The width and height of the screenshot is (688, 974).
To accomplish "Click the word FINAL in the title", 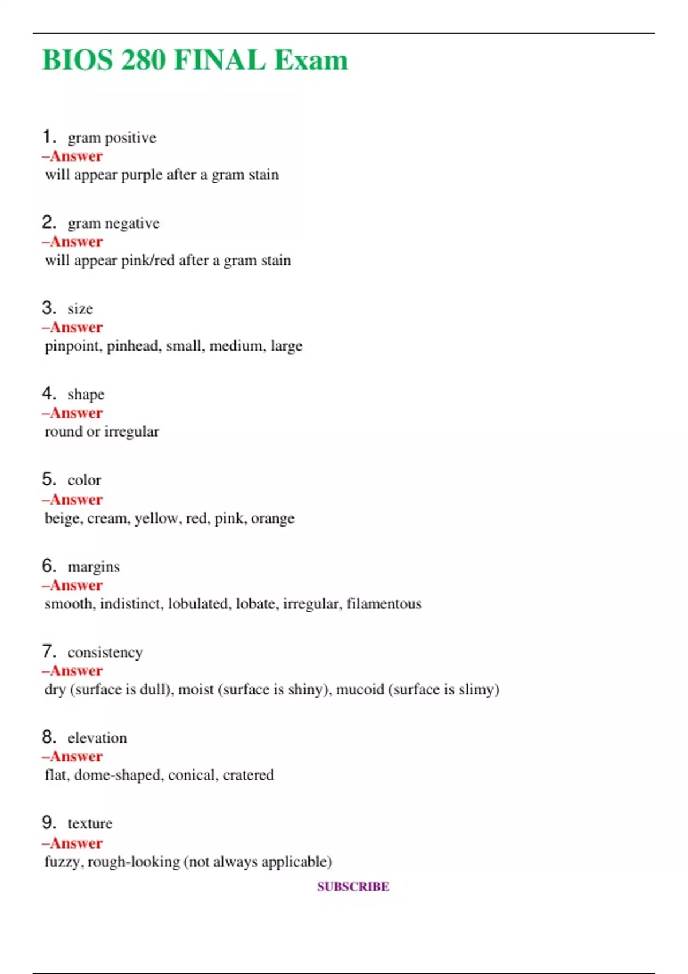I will [220, 60].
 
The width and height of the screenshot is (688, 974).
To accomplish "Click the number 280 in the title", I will [143, 60].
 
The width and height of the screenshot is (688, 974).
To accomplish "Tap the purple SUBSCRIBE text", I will [353, 887].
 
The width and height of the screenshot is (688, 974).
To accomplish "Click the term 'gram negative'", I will [114, 223].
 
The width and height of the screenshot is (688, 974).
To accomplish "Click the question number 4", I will [49, 394].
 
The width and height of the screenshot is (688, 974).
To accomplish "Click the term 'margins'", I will [93, 567].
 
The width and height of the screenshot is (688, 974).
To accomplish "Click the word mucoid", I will [359, 689].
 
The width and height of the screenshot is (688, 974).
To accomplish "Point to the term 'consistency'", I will [105, 653].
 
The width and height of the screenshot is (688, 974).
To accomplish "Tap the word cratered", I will [248, 775].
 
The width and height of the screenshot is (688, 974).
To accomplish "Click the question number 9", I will [49, 823].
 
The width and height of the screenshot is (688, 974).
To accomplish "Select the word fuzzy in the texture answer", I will [62, 862].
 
